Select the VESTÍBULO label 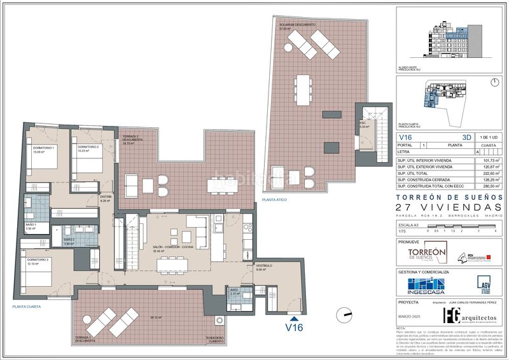coord(264,266)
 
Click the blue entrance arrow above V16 coord(293,319)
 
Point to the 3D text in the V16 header coord(468,137)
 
